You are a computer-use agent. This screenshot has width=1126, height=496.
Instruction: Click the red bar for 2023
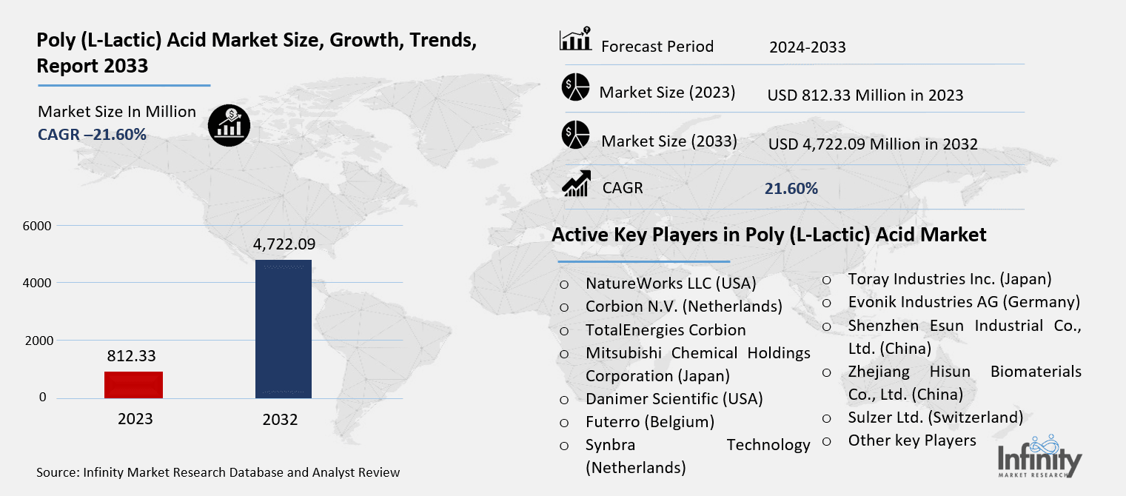point(133,384)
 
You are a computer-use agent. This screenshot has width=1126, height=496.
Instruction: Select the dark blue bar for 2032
point(283,329)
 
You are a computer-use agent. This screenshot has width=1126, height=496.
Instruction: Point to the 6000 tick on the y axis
point(33,226)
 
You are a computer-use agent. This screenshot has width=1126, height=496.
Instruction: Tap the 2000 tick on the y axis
point(33,341)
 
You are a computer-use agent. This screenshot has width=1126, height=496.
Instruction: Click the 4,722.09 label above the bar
point(284,244)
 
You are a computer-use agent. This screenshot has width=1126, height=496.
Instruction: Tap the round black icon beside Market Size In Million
point(229,125)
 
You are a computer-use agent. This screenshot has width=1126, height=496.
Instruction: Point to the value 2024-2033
point(807,47)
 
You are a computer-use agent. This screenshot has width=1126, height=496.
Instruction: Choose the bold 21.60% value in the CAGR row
point(791,189)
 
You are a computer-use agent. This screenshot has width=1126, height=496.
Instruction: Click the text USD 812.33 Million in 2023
point(865,95)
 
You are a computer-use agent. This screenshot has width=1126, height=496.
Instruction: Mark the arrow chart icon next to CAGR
point(576,184)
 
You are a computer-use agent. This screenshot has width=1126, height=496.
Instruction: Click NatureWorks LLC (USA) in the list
point(670,283)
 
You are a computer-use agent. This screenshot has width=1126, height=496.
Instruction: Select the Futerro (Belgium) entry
point(649,422)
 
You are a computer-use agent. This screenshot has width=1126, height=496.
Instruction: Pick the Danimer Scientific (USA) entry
point(674,398)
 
